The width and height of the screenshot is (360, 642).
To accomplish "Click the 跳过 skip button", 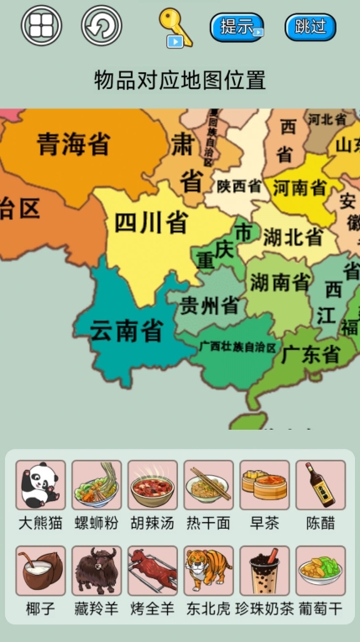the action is (x=310, y=27).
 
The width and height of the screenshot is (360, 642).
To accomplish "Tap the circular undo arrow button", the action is (x=102, y=26).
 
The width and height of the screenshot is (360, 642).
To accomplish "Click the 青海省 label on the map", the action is (x=73, y=144).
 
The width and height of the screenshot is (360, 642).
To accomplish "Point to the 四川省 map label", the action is (x=151, y=223).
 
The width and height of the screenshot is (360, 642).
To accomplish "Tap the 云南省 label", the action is (x=126, y=330).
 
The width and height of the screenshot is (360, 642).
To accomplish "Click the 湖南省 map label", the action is (x=279, y=282).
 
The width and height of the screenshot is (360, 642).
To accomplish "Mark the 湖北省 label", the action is (x=292, y=237).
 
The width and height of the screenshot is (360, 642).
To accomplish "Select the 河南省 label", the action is (x=300, y=187).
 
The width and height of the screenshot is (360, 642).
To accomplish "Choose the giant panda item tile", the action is (x=40, y=485).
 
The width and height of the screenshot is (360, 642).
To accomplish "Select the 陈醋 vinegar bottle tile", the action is (x=321, y=485).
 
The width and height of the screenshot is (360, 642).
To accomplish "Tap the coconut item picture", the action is (x=40, y=571).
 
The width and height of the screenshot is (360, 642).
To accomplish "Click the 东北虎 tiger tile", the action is (x=208, y=571).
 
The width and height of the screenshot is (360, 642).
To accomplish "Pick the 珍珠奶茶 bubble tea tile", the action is (x=264, y=571).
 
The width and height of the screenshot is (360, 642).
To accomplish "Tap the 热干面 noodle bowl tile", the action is (x=208, y=485).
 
